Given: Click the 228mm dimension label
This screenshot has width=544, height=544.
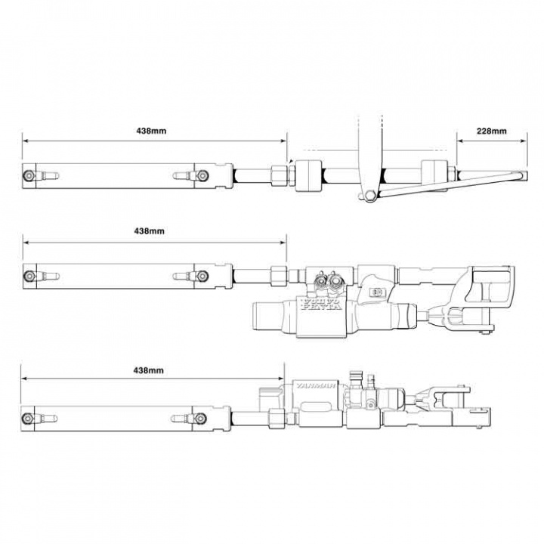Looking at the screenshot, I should [491, 131].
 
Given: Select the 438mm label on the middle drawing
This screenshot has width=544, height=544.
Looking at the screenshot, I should [149, 231].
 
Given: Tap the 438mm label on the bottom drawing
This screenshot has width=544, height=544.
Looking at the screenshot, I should [149, 371].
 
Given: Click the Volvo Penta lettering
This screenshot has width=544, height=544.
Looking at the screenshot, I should [322, 304].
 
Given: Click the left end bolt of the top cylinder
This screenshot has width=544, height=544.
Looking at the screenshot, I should [29, 175].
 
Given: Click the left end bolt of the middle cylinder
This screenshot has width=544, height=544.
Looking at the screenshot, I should [29, 276].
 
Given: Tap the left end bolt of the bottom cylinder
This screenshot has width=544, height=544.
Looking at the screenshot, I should [29, 417].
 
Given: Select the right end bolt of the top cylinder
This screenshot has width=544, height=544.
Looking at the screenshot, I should [202, 175].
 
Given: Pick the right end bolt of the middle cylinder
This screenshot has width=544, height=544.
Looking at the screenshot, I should [202, 276].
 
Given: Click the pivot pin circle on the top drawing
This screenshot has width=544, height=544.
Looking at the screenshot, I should [368, 196].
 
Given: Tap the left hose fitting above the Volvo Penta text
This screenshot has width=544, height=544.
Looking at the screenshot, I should [318, 280].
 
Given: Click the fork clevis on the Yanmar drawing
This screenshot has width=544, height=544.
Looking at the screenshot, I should [446, 394].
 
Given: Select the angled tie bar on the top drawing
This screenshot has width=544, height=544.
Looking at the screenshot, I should [453, 185].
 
